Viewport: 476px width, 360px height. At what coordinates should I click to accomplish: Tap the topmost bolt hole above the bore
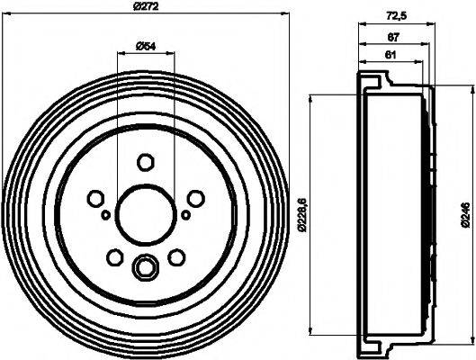pos(145,162)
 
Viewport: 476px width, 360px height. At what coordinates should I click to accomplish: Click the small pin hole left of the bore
pos(105,215)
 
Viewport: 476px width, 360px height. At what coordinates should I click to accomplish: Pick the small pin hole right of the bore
pos(185,215)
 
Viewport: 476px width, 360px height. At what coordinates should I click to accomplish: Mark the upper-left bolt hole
pos(94,198)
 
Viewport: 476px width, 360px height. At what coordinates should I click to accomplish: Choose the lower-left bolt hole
pos(114,258)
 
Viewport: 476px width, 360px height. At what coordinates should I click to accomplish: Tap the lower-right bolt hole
pos(176,258)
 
